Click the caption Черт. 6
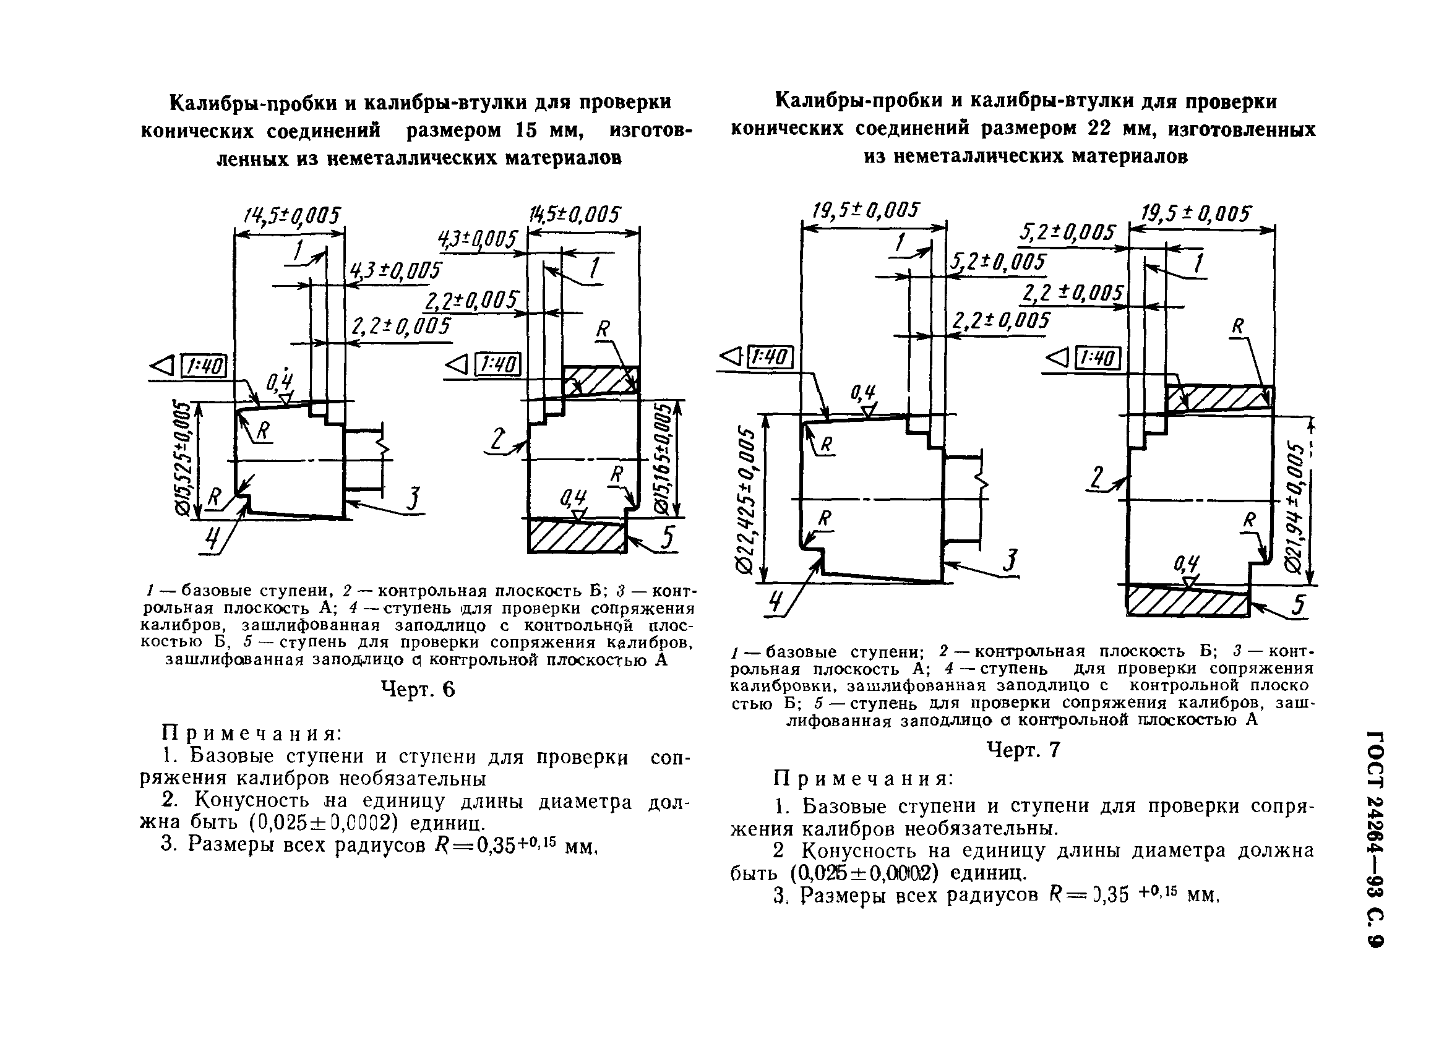[x=418, y=690]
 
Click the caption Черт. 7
[x=1023, y=750]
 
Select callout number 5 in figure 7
[x=1300, y=606]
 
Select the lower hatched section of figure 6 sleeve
[x=577, y=537]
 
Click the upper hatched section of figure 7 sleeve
[x=1219, y=398]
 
